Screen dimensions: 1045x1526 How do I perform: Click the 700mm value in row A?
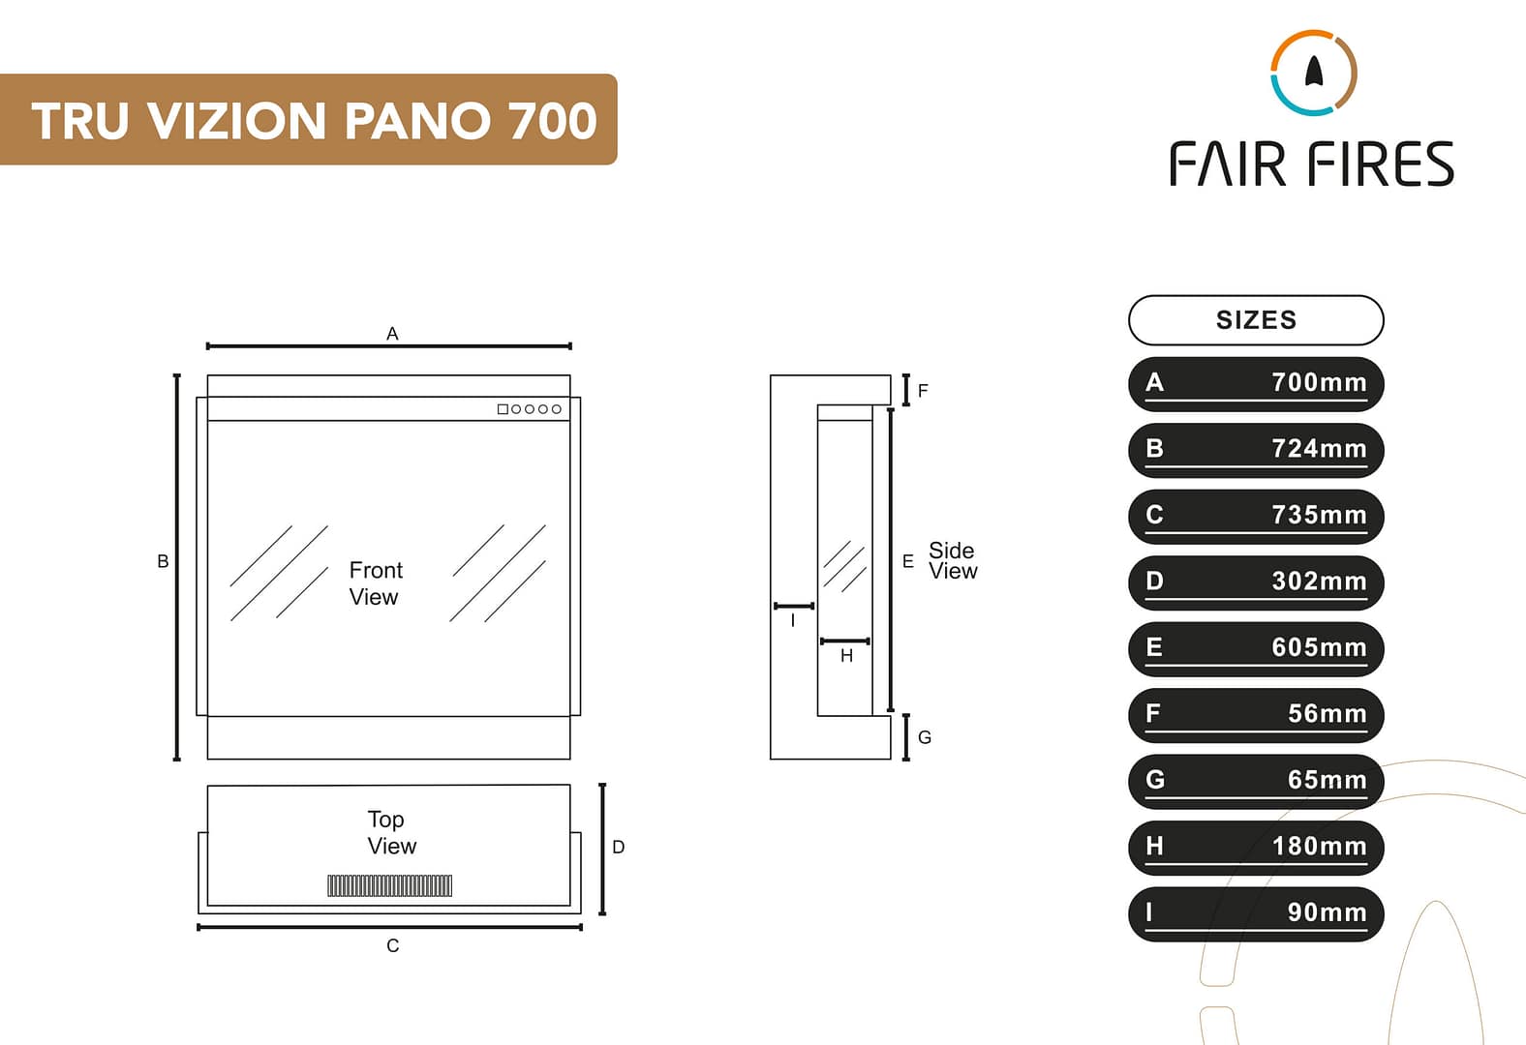[x=1318, y=382]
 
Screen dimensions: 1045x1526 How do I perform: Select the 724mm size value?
[x=1318, y=449]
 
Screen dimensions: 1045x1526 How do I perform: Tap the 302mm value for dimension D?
[x=1318, y=582]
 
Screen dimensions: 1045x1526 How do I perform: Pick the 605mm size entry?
[x=1318, y=647]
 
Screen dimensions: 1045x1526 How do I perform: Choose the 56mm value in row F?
[x=1327, y=714]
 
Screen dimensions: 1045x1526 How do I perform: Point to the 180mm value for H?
[x=1318, y=847]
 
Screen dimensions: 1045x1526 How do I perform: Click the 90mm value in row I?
[x=1327, y=912]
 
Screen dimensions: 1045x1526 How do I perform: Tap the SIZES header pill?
[x=1256, y=320]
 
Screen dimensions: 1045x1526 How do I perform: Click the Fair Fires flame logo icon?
[x=1313, y=73]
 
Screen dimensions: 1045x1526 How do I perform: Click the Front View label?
[x=375, y=583]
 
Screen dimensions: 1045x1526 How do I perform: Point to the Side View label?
[x=953, y=561]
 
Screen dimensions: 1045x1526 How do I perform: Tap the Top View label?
[x=391, y=832]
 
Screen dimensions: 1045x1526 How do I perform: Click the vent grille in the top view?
[x=389, y=885]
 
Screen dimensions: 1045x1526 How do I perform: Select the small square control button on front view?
[x=503, y=409]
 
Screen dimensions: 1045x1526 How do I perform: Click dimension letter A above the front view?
[x=392, y=334]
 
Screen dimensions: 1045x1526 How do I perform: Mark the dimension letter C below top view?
[x=392, y=945]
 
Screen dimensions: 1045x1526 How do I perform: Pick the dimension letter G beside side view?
[x=924, y=737]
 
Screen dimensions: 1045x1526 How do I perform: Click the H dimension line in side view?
[x=844, y=642]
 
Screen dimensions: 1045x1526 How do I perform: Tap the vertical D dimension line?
[x=602, y=849]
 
